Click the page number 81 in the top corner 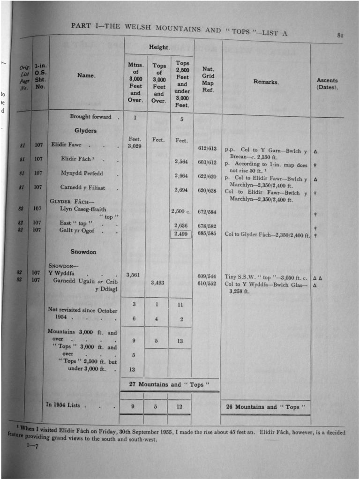click(340, 35)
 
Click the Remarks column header click(266, 82)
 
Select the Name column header click(86, 75)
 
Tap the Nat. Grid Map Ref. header click(208, 79)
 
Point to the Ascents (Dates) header click(327, 84)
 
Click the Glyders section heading click(85, 131)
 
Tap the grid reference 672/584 click(207, 211)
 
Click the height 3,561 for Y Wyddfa click(134, 275)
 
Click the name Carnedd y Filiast click(82, 187)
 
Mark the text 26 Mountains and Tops click(266, 407)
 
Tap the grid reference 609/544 click(207, 276)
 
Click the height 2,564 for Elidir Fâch click(181, 162)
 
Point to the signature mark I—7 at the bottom click(32, 446)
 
